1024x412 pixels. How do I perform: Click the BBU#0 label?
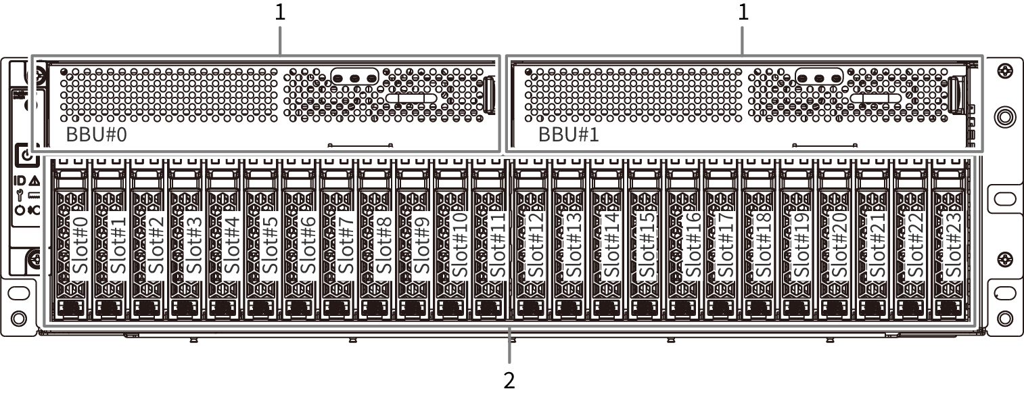click(97, 134)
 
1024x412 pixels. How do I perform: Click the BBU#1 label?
click(569, 134)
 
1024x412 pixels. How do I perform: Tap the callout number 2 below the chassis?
click(509, 380)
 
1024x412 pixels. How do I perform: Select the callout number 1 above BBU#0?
click(280, 13)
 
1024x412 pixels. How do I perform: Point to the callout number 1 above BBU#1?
click(744, 13)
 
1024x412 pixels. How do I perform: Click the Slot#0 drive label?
click(80, 245)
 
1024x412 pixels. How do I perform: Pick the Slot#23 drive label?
click(953, 245)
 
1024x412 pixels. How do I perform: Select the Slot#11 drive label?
click(498, 245)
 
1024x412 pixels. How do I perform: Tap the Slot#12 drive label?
click(536, 245)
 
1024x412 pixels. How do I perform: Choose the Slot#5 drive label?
click(271, 245)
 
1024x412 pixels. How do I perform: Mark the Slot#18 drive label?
click(764, 245)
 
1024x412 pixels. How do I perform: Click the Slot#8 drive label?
click(384, 245)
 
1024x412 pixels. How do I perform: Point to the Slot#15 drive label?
click(649, 245)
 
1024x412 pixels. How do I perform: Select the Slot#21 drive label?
click(877, 245)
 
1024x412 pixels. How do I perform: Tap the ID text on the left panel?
click(20, 181)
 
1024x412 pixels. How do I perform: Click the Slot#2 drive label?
click(157, 245)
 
